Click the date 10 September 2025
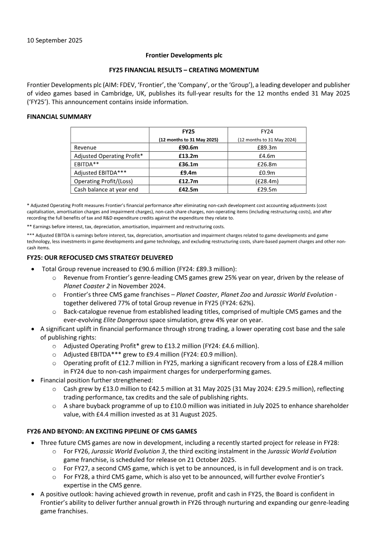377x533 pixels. (54, 40)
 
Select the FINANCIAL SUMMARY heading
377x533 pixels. (59, 116)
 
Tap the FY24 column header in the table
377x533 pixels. (267, 131)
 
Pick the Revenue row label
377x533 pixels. (85, 148)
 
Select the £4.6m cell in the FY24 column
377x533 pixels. (267, 156)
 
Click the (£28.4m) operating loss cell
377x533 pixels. (267, 181)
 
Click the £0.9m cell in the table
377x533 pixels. (267, 172)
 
